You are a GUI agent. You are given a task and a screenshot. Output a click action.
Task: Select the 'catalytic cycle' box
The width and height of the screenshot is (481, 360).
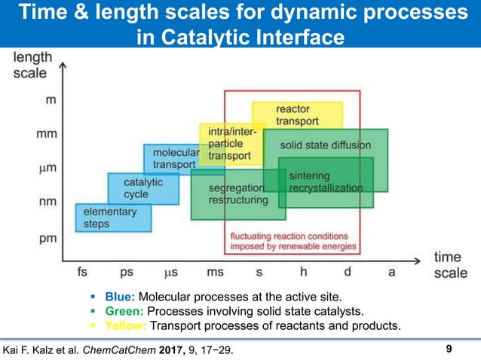136,188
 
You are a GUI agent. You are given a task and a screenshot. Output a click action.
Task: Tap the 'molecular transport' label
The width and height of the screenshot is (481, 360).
176,158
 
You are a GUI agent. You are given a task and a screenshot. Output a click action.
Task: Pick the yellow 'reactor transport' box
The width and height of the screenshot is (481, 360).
297,115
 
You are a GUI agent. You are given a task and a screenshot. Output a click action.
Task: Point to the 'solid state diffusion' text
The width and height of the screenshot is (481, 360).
326,144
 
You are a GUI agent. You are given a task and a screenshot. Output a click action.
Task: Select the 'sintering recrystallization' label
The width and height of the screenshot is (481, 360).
326,182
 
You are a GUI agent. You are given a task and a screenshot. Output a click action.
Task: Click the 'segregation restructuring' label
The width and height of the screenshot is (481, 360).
237,194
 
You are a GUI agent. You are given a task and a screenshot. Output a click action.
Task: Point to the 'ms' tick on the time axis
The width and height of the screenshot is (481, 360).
215,272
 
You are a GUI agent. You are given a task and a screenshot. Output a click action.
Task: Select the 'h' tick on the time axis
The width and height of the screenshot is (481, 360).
303,272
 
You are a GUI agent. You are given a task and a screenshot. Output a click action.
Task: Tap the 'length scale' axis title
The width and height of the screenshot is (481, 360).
30,66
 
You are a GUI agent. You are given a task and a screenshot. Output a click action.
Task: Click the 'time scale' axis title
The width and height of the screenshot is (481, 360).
450,265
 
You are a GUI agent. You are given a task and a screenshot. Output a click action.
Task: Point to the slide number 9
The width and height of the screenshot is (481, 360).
449,349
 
